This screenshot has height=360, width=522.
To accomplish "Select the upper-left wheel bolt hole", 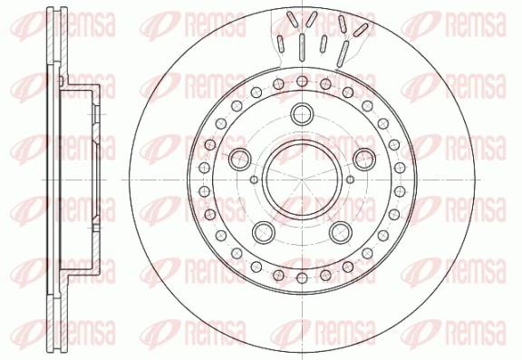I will click(241, 160).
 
